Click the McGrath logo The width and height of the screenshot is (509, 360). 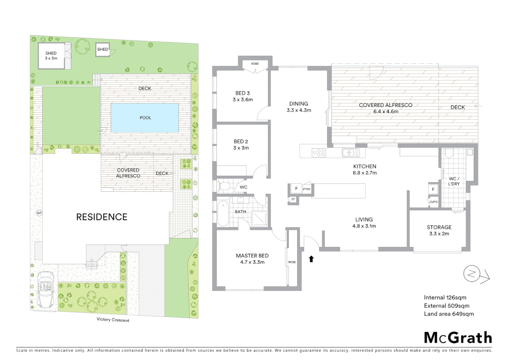(x=458, y=338)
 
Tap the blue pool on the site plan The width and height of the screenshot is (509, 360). (x=145, y=118)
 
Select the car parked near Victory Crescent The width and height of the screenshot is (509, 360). (x=46, y=289)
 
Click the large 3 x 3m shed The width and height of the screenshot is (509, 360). (x=51, y=56)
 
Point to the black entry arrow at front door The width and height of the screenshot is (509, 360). (x=311, y=259)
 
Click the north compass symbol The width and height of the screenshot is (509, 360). (x=471, y=274)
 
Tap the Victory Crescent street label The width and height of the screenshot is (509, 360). (x=113, y=320)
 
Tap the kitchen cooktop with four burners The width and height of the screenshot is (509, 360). (x=319, y=153)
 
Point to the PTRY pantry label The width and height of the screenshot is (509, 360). (x=306, y=189)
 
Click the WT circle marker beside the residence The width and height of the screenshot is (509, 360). (x=39, y=213)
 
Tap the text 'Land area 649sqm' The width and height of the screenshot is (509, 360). (x=448, y=314)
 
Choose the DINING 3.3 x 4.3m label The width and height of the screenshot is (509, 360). (x=298, y=107)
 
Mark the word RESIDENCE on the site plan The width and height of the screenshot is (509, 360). (x=102, y=217)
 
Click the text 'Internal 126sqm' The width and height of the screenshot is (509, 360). (x=445, y=297)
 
